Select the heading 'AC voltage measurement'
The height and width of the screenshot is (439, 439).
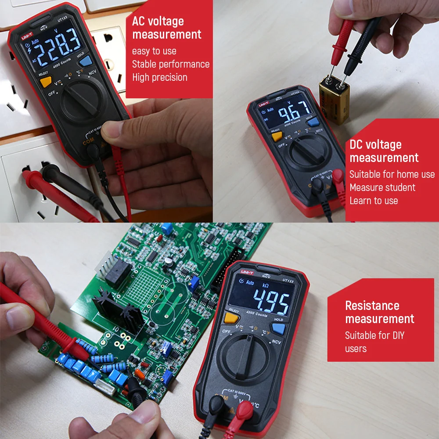click(167, 28)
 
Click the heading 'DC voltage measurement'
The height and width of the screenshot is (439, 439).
click(384, 151)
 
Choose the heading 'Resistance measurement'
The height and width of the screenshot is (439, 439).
click(379, 312)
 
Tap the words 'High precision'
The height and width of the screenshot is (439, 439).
click(160, 77)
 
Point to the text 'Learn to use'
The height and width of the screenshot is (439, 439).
click(374, 201)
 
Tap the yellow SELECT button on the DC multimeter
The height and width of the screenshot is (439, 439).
click(277, 137)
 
